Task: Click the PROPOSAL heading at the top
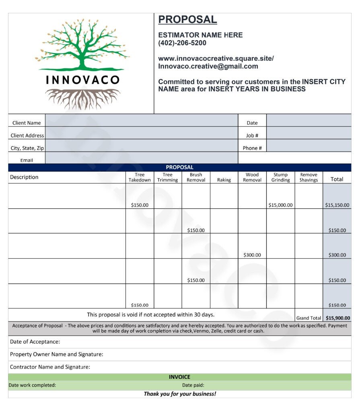(x=187, y=19)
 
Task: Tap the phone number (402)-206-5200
(x=182, y=43)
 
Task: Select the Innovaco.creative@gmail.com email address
(x=208, y=66)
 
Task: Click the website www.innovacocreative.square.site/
(x=216, y=58)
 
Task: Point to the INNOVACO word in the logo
(x=83, y=80)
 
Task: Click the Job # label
(x=252, y=136)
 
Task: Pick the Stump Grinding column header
(x=280, y=177)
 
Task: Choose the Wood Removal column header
(x=252, y=177)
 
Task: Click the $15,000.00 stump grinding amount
(x=280, y=205)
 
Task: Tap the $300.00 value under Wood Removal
(x=252, y=255)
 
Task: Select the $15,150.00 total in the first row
(x=337, y=205)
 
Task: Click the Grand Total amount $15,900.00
(x=338, y=318)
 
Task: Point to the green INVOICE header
(x=179, y=377)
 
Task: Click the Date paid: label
(x=193, y=385)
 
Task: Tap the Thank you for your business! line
(x=180, y=394)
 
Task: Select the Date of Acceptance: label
(x=35, y=342)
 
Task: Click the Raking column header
(x=224, y=180)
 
